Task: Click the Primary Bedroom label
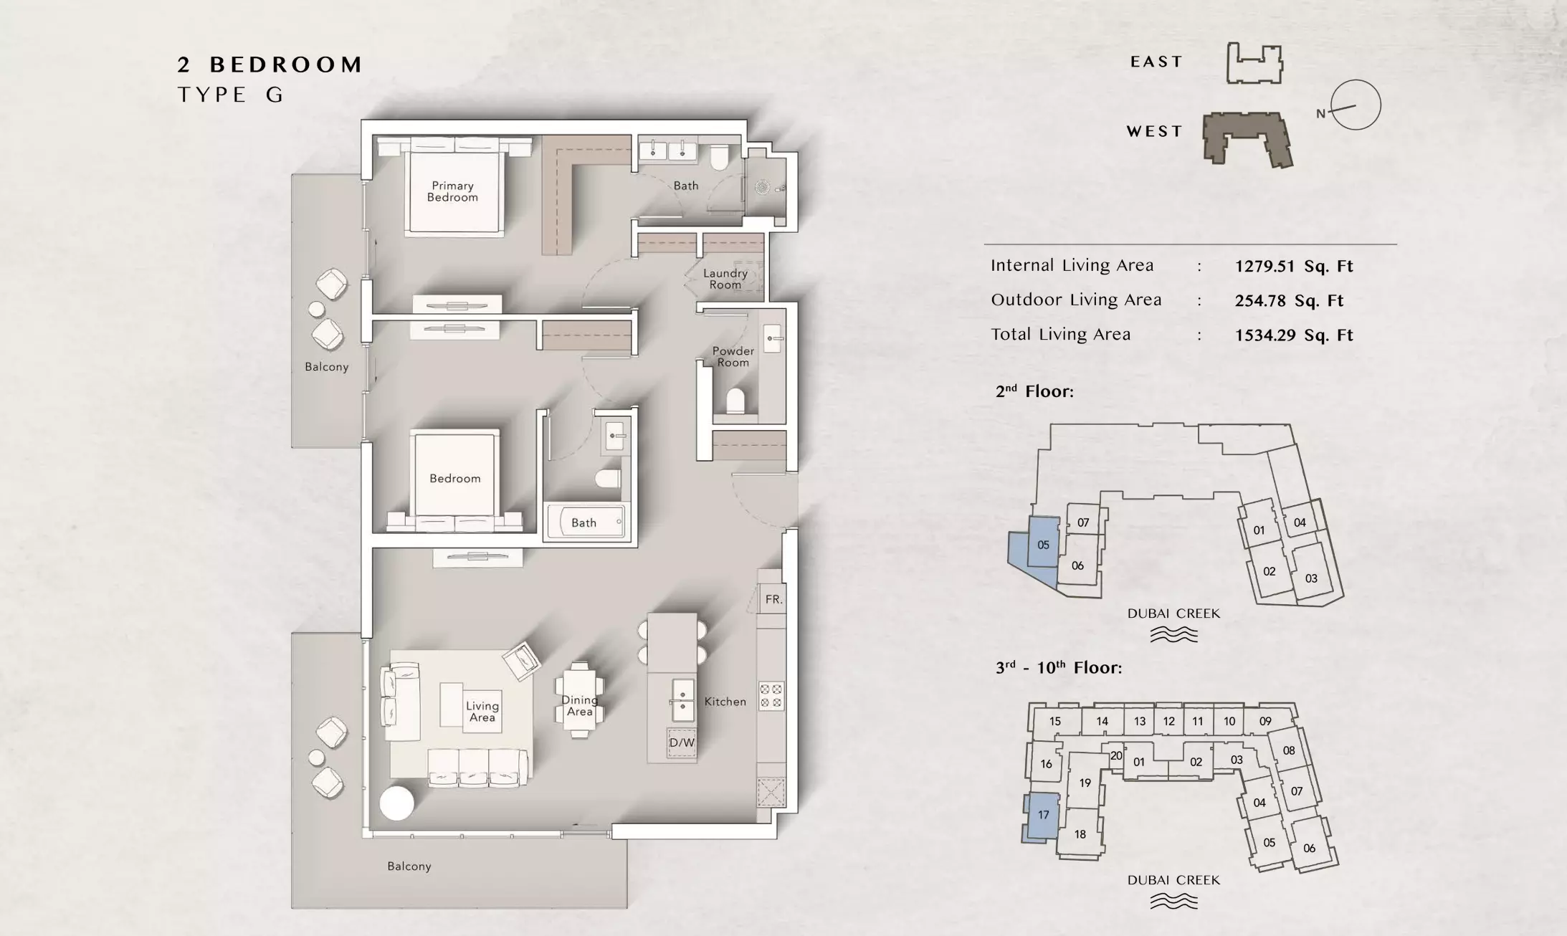(452, 191)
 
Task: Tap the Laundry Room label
(725, 279)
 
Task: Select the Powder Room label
(733, 357)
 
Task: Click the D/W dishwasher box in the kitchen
(682, 742)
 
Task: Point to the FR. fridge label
(773, 599)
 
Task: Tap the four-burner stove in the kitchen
(771, 696)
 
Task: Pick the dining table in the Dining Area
(579, 699)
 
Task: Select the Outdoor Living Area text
(1076, 300)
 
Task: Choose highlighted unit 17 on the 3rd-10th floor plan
(1041, 816)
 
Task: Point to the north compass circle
(1356, 105)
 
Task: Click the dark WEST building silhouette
(1247, 138)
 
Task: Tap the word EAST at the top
(1156, 62)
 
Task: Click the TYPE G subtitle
(231, 95)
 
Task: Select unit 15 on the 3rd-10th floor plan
(1054, 722)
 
